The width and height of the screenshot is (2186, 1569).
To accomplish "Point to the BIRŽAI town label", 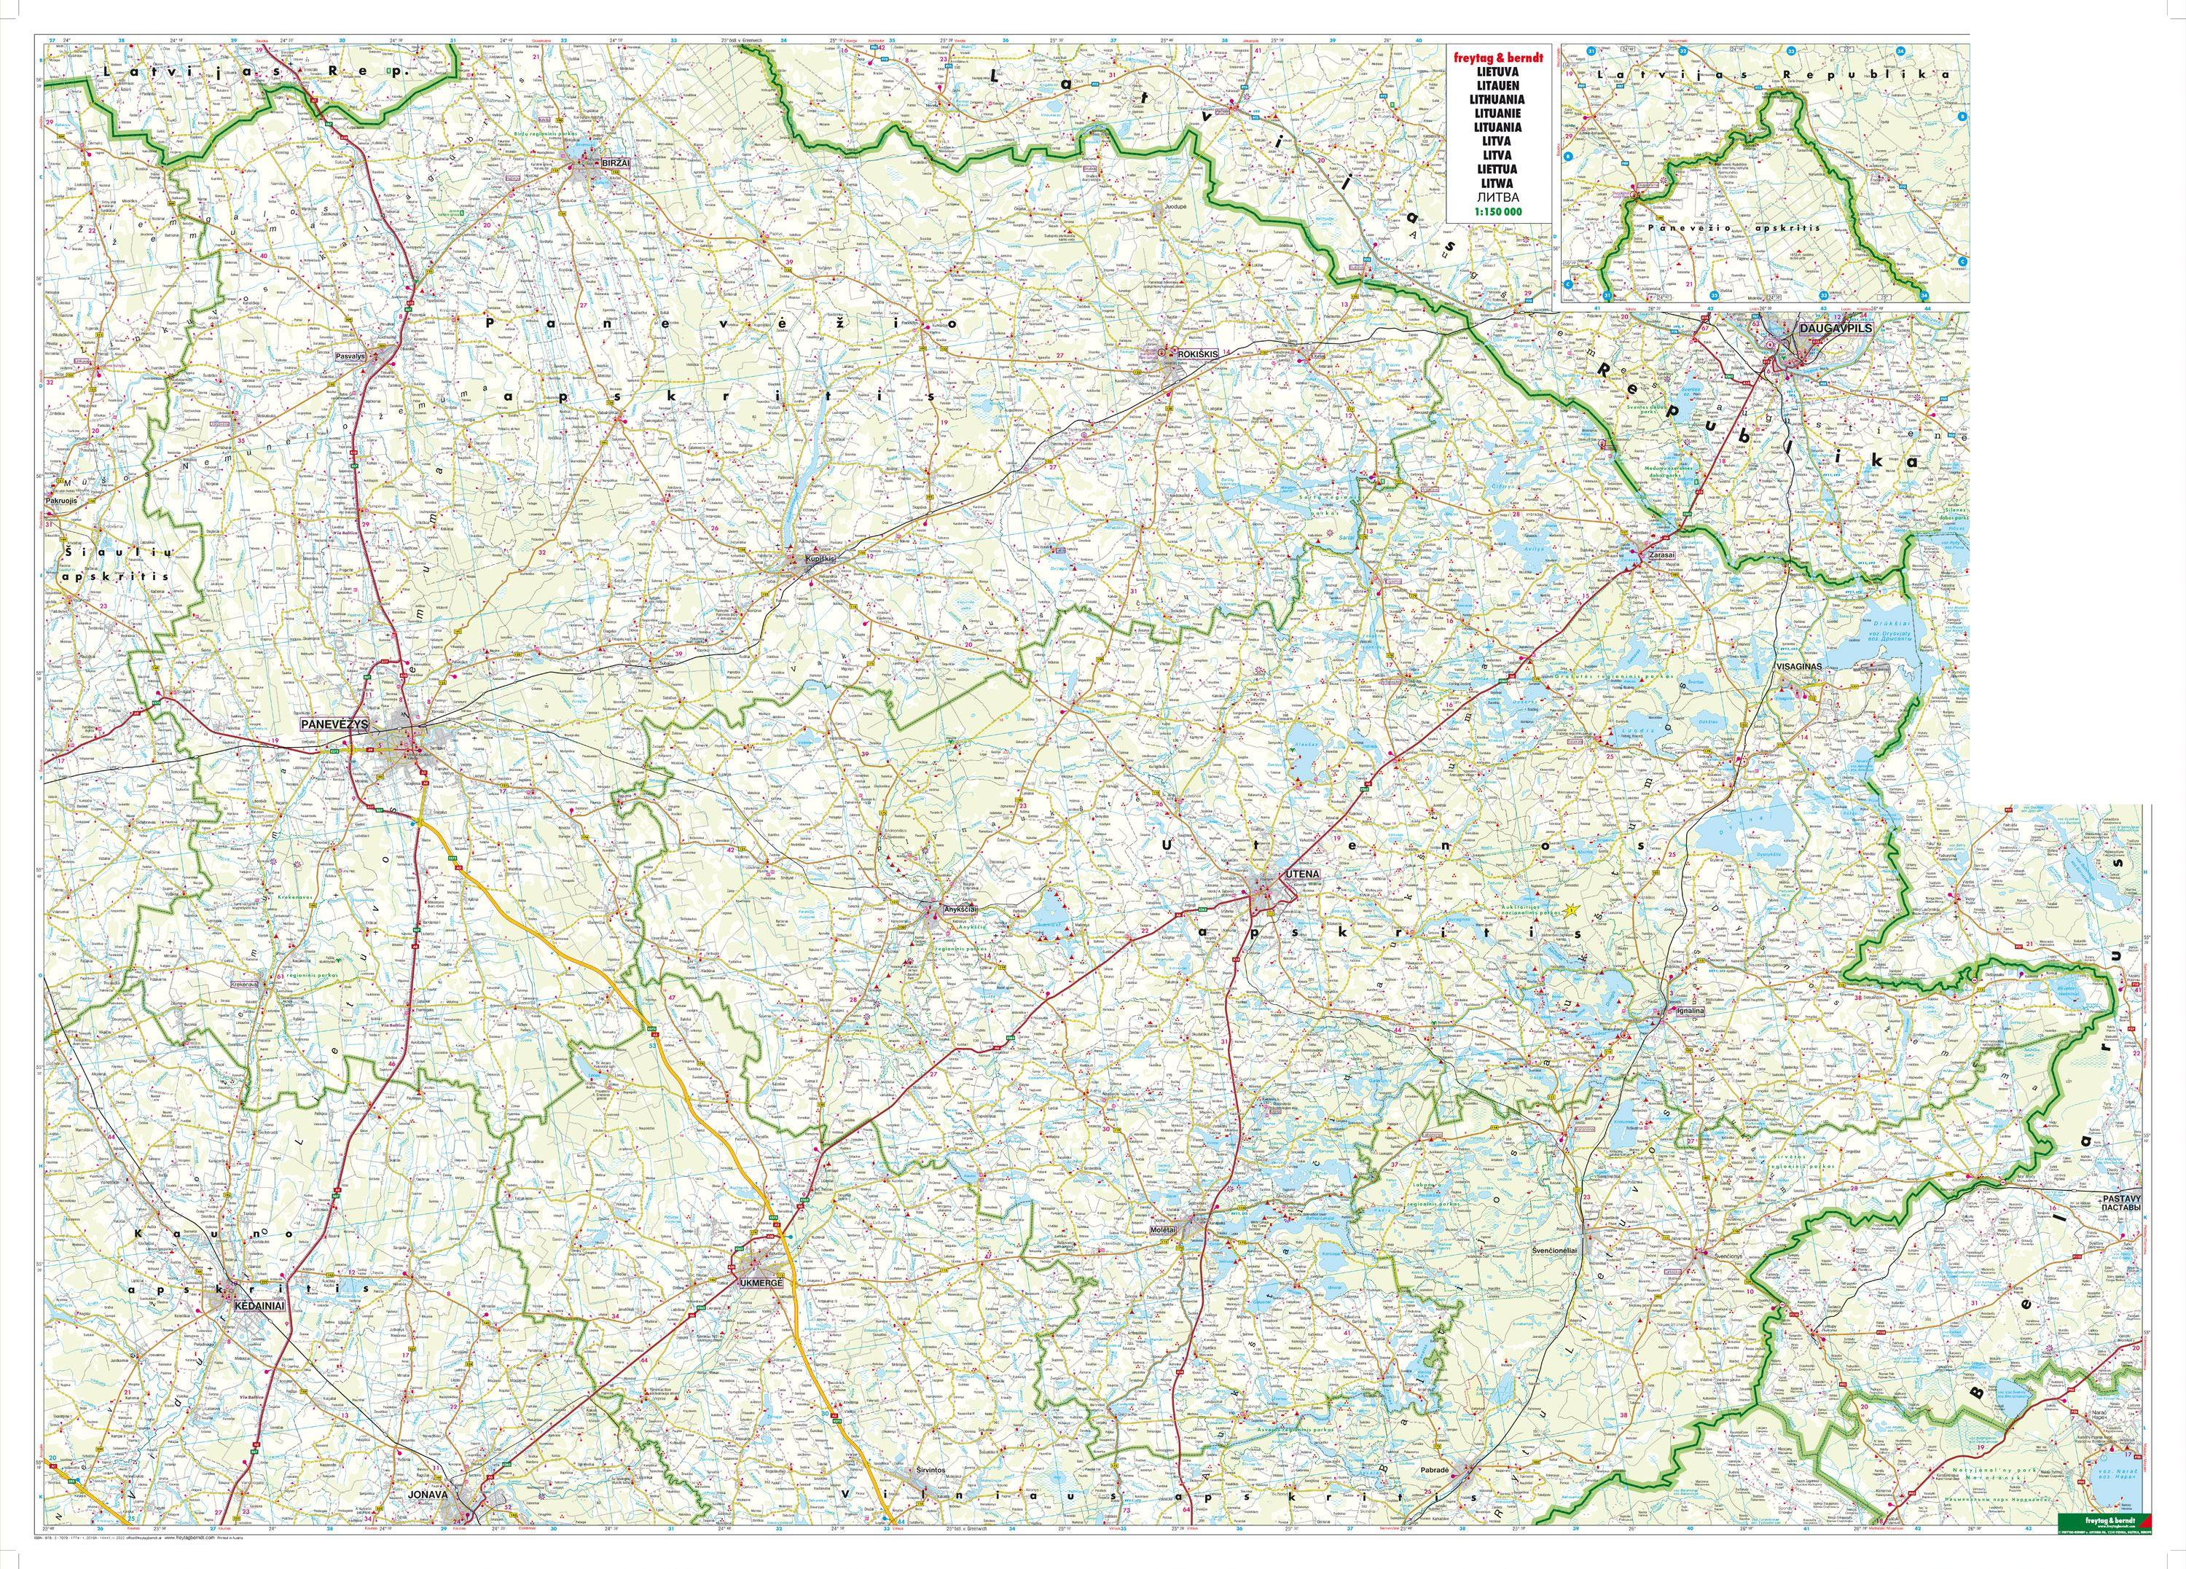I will [614, 163].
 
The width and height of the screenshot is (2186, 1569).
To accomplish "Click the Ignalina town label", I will [1688, 1012].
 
